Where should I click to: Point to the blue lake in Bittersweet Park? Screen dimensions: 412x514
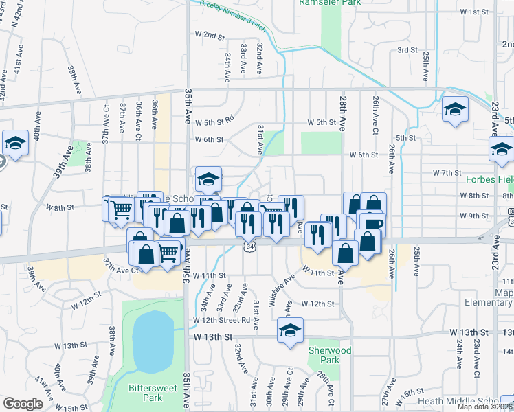(x=150, y=341)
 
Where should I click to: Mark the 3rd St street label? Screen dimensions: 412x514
(x=407, y=50)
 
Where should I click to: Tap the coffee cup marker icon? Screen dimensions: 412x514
(x=372, y=224)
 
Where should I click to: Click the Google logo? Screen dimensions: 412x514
(x=23, y=404)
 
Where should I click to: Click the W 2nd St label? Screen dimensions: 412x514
(x=210, y=34)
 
